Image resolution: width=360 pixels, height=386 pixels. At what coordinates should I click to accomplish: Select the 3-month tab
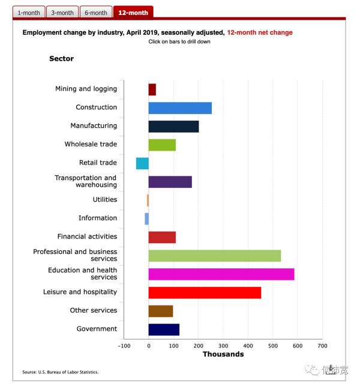[62, 13]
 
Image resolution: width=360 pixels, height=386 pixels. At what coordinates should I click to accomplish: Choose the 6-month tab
[96, 13]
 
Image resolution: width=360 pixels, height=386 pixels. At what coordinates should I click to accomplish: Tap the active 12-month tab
[133, 13]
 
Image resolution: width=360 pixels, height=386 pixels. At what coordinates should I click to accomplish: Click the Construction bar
[180, 108]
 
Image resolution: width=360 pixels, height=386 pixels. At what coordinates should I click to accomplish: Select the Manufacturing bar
[173, 127]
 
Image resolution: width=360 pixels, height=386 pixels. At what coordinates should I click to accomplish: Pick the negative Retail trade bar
[142, 163]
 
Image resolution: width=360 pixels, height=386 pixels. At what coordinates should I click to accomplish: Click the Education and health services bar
[221, 274]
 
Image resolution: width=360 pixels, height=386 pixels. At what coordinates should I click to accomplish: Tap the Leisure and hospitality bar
[205, 293]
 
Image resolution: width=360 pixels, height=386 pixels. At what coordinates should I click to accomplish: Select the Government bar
[164, 330]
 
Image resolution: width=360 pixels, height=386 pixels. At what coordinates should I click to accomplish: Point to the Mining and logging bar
[152, 89]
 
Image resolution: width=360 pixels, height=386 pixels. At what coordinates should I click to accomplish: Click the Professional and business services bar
[215, 256]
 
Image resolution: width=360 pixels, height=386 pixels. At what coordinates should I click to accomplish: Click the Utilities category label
[105, 200]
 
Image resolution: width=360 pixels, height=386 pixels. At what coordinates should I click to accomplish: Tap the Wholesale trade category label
[91, 145]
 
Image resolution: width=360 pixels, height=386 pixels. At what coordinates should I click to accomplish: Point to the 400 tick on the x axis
[248, 346]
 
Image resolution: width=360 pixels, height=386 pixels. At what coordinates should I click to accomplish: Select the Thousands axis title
[223, 355]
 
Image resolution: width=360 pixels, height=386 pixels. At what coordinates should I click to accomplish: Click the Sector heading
[62, 59]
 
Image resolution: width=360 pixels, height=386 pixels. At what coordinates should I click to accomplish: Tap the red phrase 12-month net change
[260, 32]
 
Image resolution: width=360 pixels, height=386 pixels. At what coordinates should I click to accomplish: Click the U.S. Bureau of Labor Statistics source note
[61, 372]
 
